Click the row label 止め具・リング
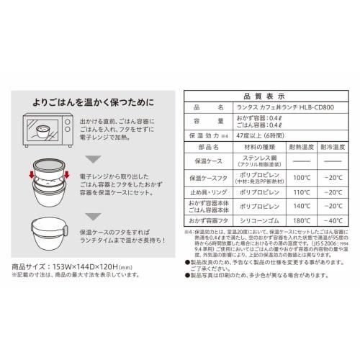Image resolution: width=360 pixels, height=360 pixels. coord(204,192)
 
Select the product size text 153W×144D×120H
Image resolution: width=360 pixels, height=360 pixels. coord(90,264)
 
